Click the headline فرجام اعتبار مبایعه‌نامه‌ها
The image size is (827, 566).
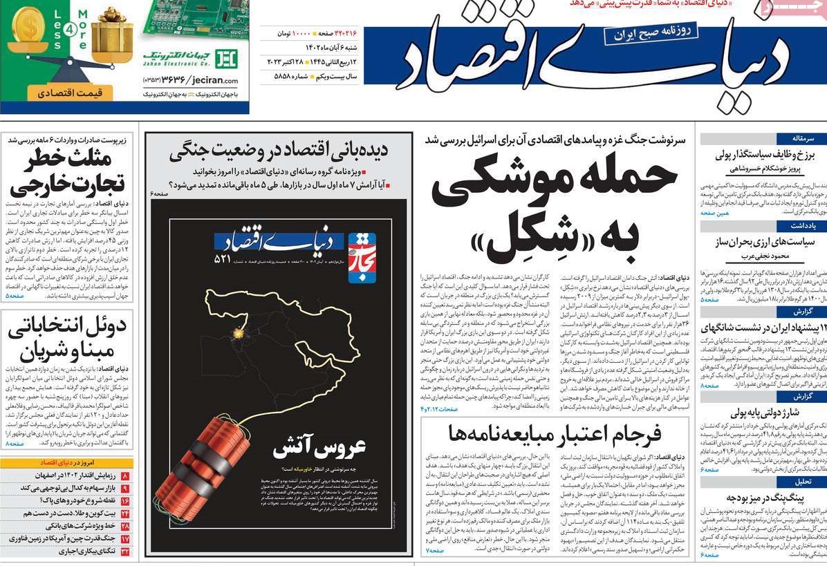(x=555, y=434)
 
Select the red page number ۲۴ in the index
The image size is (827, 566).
(x=126, y=513)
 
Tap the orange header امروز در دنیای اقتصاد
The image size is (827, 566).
(x=68, y=463)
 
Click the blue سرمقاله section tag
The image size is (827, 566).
(x=799, y=138)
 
